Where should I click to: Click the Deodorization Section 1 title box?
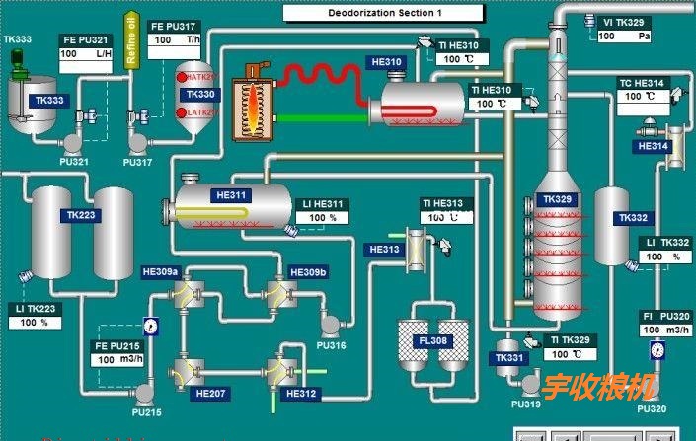click(383, 13)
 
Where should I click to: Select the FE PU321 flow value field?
click(86, 54)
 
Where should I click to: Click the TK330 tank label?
click(199, 94)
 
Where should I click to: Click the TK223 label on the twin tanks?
click(82, 215)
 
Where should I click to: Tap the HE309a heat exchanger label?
click(160, 271)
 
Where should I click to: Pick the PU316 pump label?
click(332, 345)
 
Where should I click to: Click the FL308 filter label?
click(432, 341)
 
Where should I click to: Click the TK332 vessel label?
click(633, 218)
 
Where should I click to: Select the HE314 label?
click(654, 146)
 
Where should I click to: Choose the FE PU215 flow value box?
click(117, 359)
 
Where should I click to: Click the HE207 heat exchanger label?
click(212, 394)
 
